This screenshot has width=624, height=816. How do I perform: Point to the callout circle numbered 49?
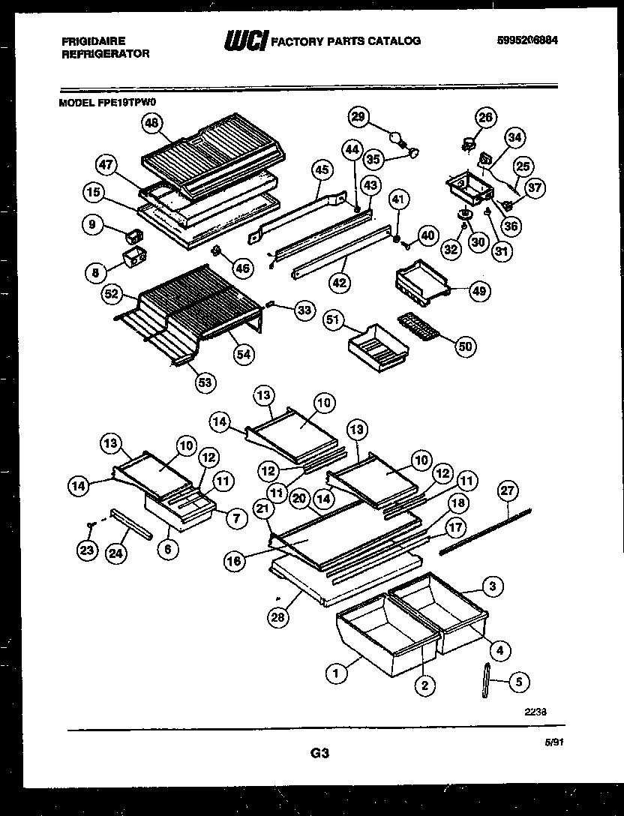pyautogui.click(x=478, y=292)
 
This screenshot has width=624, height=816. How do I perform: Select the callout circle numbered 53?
pyautogui.click(x=204, y=382)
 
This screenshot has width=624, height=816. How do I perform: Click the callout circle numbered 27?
pyautogui.click(x=508, y=491)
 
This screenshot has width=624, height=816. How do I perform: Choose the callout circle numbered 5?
pyautogui.click(x=518, y=682)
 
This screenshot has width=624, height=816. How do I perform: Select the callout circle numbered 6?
pyautogui.click(x=168, y=549)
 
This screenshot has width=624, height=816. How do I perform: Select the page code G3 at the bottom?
pyautogui.click(x=319, y=753)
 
